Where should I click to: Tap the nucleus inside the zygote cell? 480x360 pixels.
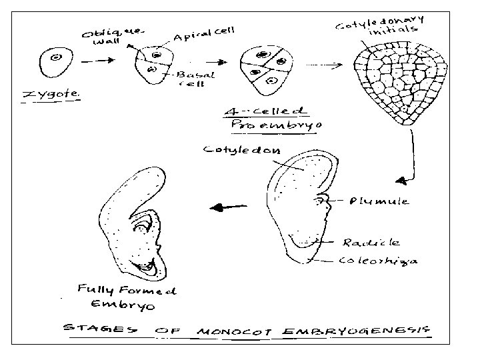tap(56, 58)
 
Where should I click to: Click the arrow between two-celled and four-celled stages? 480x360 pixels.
tap(214, 61)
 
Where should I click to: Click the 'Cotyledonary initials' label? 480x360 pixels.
tap(377, 24)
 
